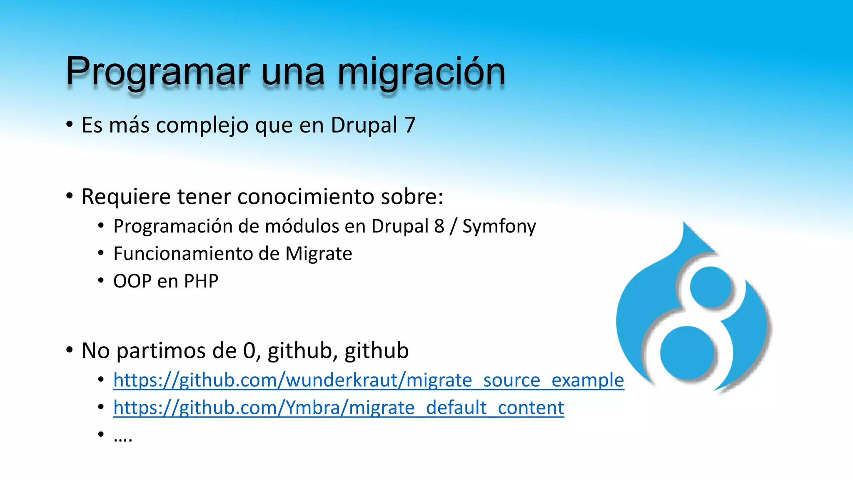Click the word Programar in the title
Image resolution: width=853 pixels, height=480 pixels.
pos(157,72)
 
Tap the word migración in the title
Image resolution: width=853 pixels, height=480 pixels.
pos(422,72)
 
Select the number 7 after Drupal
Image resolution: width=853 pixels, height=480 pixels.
pos(410,125)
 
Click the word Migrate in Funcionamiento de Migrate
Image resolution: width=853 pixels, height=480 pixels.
pos(319,254)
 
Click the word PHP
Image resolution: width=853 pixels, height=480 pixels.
pos(201,281)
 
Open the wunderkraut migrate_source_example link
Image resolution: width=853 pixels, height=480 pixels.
pos(369,380)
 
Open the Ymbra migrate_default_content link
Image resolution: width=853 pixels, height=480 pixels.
pos(339,408)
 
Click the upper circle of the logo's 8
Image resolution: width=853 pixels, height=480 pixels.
pos(711,287)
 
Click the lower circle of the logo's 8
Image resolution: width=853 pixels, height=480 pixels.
pos(687,352)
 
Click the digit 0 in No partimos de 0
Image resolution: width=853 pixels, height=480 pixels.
pos(249,351)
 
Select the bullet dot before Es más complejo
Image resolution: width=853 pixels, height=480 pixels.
pos(70,125)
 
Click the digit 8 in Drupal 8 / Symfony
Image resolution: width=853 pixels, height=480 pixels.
pos(439,226)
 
